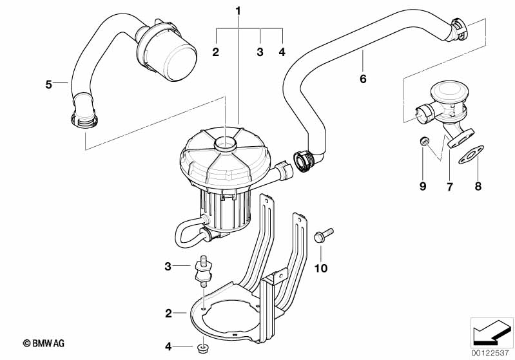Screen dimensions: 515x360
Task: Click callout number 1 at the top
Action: coord(238,11)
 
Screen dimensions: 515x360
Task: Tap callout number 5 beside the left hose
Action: coord(48,84)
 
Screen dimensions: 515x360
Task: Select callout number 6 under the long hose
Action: coord(363,79)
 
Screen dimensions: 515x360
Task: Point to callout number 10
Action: coord(321,269)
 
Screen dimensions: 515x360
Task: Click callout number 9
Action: coord(423,186)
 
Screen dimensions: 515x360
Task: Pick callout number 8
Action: coord(478,186)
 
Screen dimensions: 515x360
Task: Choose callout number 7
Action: coord(450,187)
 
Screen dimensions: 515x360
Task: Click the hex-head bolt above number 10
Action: coord(324,235)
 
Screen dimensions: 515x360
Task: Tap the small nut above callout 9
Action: coord(424,141)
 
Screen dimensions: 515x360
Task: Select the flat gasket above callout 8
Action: coord(471,155)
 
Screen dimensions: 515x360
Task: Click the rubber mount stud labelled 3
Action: coord(203,270)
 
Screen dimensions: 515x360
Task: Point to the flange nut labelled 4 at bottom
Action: coord(202,348)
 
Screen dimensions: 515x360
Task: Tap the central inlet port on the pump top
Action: coord(226,144)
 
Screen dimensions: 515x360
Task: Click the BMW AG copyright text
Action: coord(44,343)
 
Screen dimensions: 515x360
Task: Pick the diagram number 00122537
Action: coord(490,353)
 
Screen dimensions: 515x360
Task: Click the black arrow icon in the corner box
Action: coord(491,333)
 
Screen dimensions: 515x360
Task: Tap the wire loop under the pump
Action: coord(190,233)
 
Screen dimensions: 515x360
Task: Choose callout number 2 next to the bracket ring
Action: coord(168,314)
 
